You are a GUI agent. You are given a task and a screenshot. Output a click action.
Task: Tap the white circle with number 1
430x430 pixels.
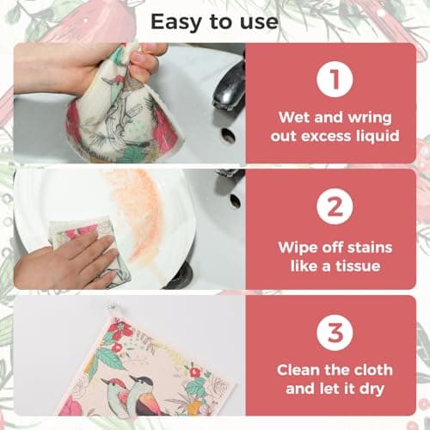(336, 80)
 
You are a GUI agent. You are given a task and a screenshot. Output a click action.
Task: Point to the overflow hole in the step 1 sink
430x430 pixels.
(227, 135)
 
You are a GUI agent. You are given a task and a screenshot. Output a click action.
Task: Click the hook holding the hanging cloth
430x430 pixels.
(111, 310)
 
